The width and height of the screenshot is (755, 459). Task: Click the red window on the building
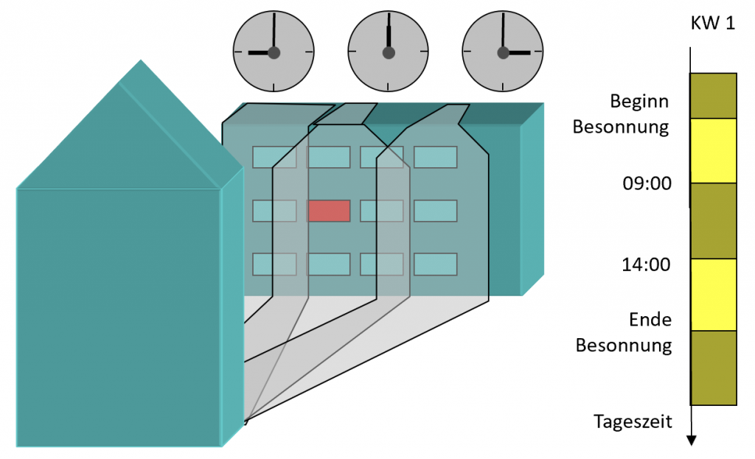point(328,211)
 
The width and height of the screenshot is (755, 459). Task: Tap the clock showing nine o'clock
point(274,52)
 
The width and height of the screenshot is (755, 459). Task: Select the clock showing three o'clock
point(503,52)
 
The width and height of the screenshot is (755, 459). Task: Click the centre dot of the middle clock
point(388,52)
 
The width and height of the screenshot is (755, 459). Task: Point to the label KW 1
point(712,24)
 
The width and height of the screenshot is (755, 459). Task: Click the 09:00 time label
point(647,183)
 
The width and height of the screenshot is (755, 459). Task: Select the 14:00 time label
point(646,264)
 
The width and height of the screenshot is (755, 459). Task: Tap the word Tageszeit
point(632,421)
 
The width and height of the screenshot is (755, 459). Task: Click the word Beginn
point(640,101)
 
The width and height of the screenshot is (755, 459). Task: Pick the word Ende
point(650,320)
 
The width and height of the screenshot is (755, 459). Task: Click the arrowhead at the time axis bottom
point(691,441)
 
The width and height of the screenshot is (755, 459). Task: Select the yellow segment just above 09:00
point(713,150)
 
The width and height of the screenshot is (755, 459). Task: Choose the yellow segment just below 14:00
point(713,295)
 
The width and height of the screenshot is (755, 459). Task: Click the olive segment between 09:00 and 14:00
point(713,221)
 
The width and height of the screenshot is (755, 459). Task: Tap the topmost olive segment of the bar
point(713,95)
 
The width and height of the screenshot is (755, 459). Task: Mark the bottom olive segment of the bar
point(713,368)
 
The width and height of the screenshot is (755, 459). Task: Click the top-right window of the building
point(435,157)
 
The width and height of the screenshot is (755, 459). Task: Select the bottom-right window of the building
point(435,264)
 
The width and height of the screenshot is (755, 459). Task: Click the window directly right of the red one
point(381,211)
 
